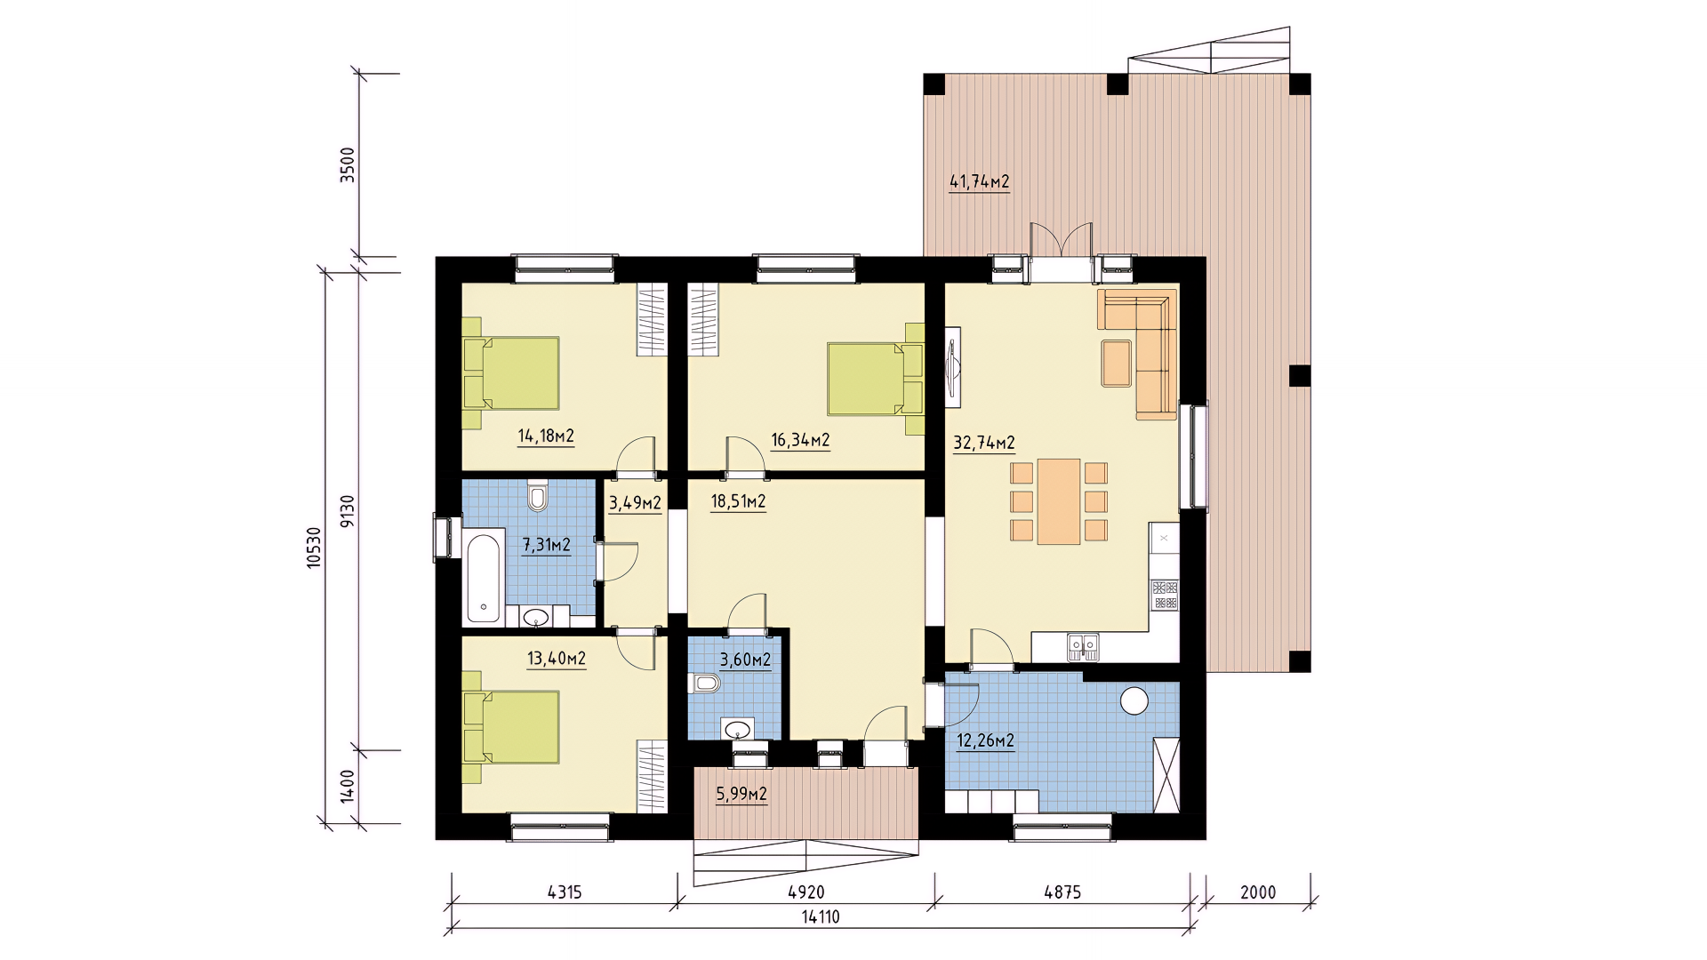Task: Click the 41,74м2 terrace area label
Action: (x=980, y=182)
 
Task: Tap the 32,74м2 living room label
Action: (x=984, y=444)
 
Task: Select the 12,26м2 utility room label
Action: (x=985, y=740)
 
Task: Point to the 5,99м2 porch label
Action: (x=741, y=794)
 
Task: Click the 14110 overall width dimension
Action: (x=821, y=917)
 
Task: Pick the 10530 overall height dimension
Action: (x=313, y=548)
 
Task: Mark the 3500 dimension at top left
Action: (x=348, y=165)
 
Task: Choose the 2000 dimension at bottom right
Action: (x=1258, y=892)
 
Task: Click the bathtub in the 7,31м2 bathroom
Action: (x=483, y=575)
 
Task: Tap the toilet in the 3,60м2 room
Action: (x=704, y=684)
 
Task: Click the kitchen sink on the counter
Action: (x=1083, y=645)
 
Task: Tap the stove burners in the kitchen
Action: (x=1165, y=594)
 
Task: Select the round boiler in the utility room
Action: (x=1134, y=701)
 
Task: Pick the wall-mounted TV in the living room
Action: (x=953, y=367)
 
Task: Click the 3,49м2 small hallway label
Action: (x=635, y=504)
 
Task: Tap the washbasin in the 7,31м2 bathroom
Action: (x=536, y=616)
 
